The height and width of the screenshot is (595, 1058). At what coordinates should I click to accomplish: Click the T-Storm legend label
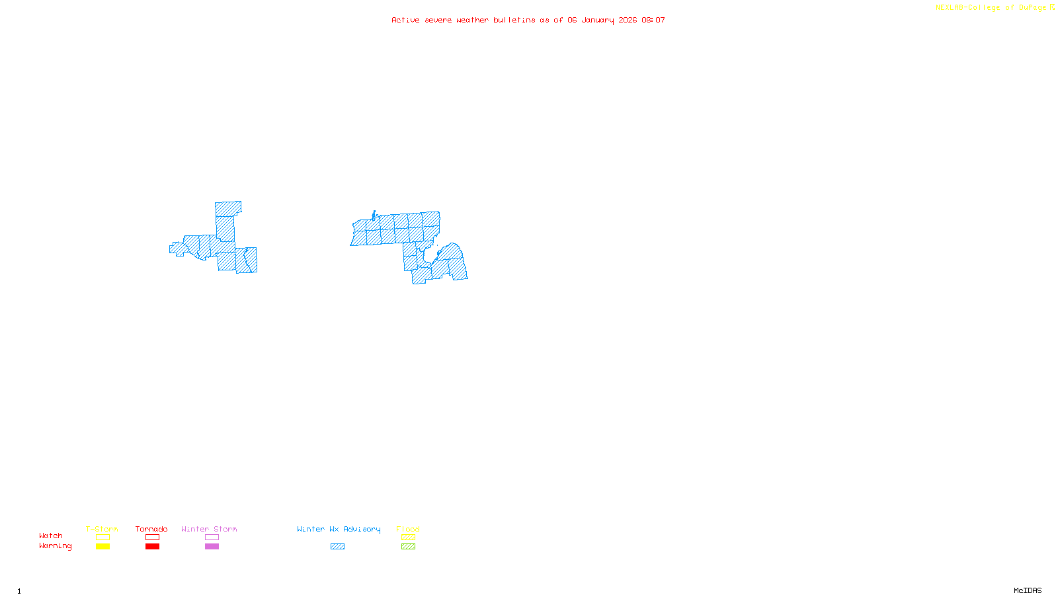(102, 529)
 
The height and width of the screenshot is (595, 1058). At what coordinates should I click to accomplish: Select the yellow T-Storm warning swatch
(102, 547)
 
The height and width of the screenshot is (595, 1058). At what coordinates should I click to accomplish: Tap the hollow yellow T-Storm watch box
(102, 537)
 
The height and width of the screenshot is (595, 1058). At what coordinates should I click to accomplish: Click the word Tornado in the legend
(151, 529)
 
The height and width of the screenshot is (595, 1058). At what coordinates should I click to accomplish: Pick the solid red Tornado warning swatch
(152, 547)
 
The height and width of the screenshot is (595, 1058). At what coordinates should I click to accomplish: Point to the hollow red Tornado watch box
(152, 537)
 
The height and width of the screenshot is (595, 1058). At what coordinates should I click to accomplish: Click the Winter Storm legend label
(209, 529)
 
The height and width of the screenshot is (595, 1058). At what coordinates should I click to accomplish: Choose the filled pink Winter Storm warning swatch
(212, 547)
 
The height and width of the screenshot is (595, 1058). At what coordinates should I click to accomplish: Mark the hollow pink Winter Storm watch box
(212, 537)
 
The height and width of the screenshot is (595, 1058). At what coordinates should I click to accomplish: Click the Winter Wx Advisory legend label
(339, 529)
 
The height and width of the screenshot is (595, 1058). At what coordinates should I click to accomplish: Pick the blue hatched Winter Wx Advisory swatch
(337, 547)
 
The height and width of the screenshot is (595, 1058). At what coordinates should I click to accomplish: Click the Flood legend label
(408, 529)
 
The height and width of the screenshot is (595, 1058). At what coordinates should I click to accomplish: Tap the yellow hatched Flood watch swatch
(408, 537)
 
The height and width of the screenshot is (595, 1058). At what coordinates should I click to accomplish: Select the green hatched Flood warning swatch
(408, 547)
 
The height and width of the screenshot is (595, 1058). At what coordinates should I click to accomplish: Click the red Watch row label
(51, 535)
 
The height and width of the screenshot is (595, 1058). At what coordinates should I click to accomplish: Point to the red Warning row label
(55, 546)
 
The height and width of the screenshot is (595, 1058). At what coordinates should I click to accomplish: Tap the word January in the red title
(597, 20)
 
